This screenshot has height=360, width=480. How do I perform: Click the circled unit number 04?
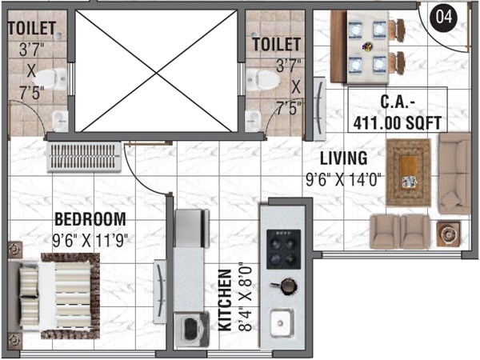(x=443, y=17)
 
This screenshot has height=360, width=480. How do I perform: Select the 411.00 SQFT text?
(x=398, y=123)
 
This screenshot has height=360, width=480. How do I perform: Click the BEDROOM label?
(x=90, y=218)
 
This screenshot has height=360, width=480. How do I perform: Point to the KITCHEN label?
(x=225, y=300)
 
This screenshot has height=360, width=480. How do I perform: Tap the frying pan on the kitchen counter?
(x=286, y=285)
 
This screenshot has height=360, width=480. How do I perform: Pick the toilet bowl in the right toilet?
(x=260, y=78)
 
